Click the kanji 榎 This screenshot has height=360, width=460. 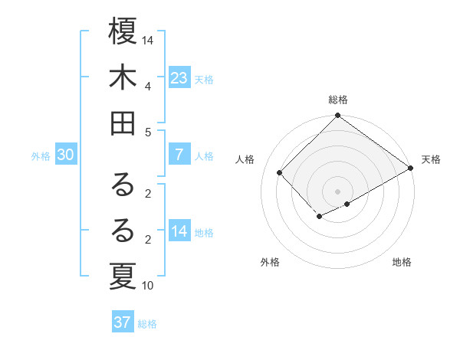coord(123,33)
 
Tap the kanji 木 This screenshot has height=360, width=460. coord(123,78)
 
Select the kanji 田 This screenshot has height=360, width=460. coord(123,123)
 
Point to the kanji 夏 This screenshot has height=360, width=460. coord(123,275)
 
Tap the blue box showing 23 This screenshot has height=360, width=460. coord(179,78)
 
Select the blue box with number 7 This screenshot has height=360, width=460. coord(179,155)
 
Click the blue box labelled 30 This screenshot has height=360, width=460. coord(65,155)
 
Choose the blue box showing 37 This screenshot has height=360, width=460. coord(123,322)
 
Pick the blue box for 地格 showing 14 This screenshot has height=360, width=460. coord(179,231)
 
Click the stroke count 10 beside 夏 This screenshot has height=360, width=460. coord(148,286)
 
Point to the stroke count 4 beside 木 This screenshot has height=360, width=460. coord(148,86)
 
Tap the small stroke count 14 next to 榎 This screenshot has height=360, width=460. coord(148,40)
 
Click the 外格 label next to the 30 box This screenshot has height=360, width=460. coord(41,155)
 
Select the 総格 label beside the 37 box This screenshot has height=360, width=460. coord(147,323)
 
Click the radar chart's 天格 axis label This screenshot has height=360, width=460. coord(431,159)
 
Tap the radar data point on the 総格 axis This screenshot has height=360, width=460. coord(337,116)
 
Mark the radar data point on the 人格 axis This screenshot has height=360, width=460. coord(280,172)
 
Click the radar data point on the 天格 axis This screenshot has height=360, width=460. coord(411,169)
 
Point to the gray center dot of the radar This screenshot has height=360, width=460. coord(337,190)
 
